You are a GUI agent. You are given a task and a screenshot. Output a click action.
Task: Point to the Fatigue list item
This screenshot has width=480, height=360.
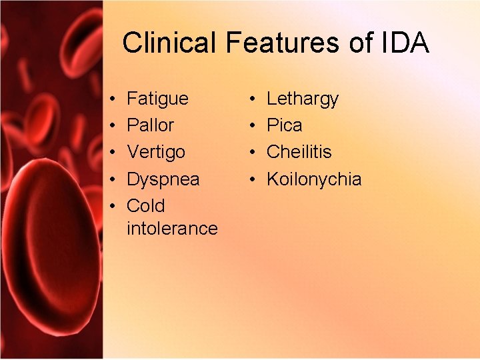[157, 99]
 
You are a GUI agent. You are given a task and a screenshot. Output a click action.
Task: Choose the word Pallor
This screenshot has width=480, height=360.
[150, 125]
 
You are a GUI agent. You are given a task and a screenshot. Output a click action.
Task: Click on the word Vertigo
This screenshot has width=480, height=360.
[156, 152]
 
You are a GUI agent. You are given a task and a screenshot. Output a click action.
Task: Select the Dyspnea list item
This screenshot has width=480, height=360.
[163, 179]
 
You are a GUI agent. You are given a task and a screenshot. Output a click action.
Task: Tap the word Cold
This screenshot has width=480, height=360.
[145, 205]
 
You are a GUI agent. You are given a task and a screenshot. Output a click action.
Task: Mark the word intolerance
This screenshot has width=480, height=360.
[172, 228]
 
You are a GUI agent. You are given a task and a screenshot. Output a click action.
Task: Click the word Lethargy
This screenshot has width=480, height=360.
[303, 99]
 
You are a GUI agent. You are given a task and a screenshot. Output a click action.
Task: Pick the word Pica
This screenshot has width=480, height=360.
[284, 125]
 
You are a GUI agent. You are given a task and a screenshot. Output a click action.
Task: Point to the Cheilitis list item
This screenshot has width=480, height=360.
[299, 152]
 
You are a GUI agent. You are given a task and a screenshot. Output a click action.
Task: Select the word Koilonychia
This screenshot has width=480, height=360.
[314, 179]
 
